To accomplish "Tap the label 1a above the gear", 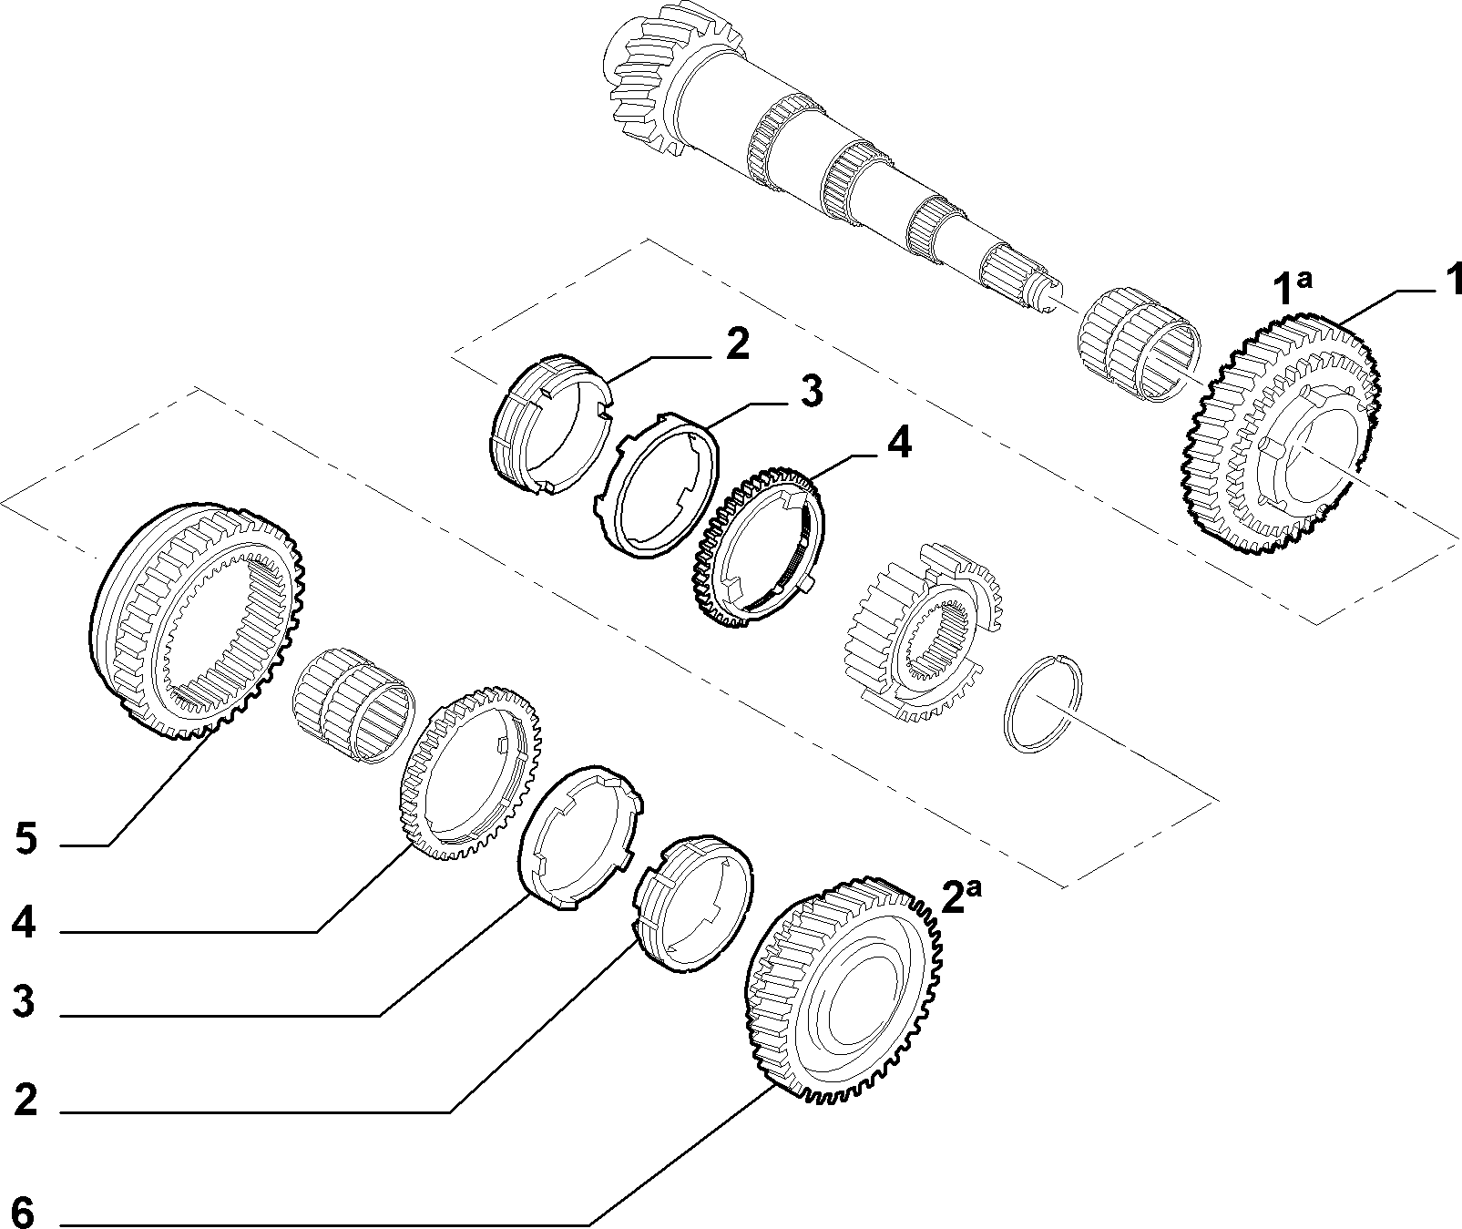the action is (1292, 287).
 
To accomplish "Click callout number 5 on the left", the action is (26, 839).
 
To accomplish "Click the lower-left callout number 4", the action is (24, 924).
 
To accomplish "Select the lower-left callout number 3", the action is (24, 1002).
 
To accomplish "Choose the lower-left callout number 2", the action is (26, 1100).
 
